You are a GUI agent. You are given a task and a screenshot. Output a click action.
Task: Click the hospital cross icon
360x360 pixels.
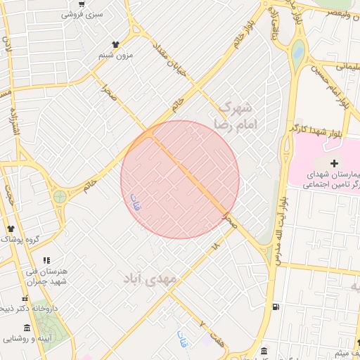[x=333, y=163]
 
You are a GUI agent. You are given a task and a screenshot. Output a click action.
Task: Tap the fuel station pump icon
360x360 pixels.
[x=274, y=307]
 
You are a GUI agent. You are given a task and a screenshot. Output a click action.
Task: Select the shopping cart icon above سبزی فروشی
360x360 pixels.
[x=82, y=4]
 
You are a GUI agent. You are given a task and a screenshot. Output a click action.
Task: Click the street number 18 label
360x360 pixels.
[x=215, y=246]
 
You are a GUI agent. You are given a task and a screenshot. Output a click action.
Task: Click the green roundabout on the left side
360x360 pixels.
[x=60, y=197]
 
